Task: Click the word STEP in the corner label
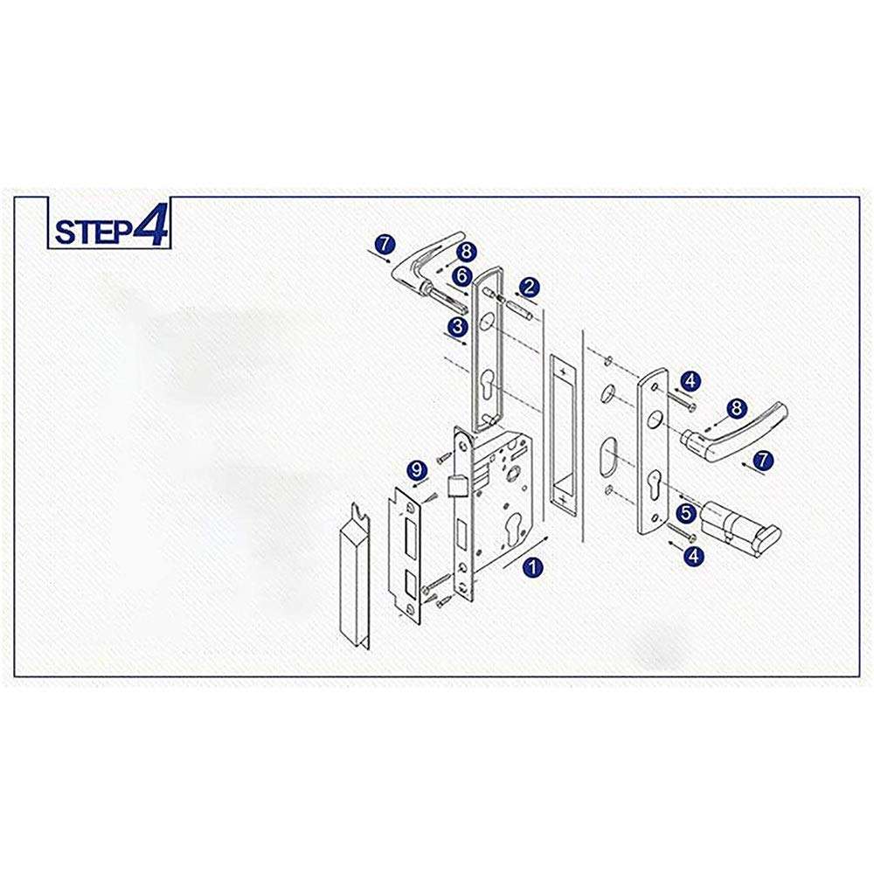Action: (x=93, y=231)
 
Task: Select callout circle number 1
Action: (x=532, y=567)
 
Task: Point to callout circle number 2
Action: (x=529, y=288)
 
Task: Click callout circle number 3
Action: (x=458, y=326)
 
